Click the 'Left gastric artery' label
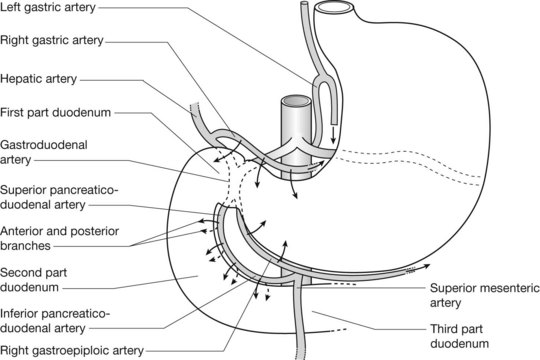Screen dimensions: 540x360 click(x=48, y=7)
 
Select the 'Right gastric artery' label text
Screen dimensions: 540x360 click(x=52, y=40)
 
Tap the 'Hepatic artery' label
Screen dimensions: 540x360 click(x=39, y=79)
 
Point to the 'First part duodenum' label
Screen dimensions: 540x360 click(x=55, y=113)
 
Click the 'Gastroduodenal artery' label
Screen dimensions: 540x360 click(x=44, y=152)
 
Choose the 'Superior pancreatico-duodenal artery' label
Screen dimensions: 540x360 click(x=59, y=197)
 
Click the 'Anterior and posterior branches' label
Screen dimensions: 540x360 click(x=60, y=238)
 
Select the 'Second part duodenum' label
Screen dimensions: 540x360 click(x=33, y=280)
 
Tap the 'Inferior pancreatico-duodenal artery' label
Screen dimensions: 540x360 click(x=55, y=321)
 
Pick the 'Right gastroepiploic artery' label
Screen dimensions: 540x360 click(x=72, y=351)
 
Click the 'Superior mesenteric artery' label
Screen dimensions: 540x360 click(x=485, y=296)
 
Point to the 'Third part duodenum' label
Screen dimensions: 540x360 click(x=460, y=336)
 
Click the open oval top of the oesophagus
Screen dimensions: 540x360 click(x=334, y=8)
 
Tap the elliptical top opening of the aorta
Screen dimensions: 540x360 click(x=296, y=101)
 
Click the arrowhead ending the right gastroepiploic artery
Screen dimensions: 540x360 click(x=427, y=265)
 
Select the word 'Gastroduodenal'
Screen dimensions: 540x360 click(x=44, y=145)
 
